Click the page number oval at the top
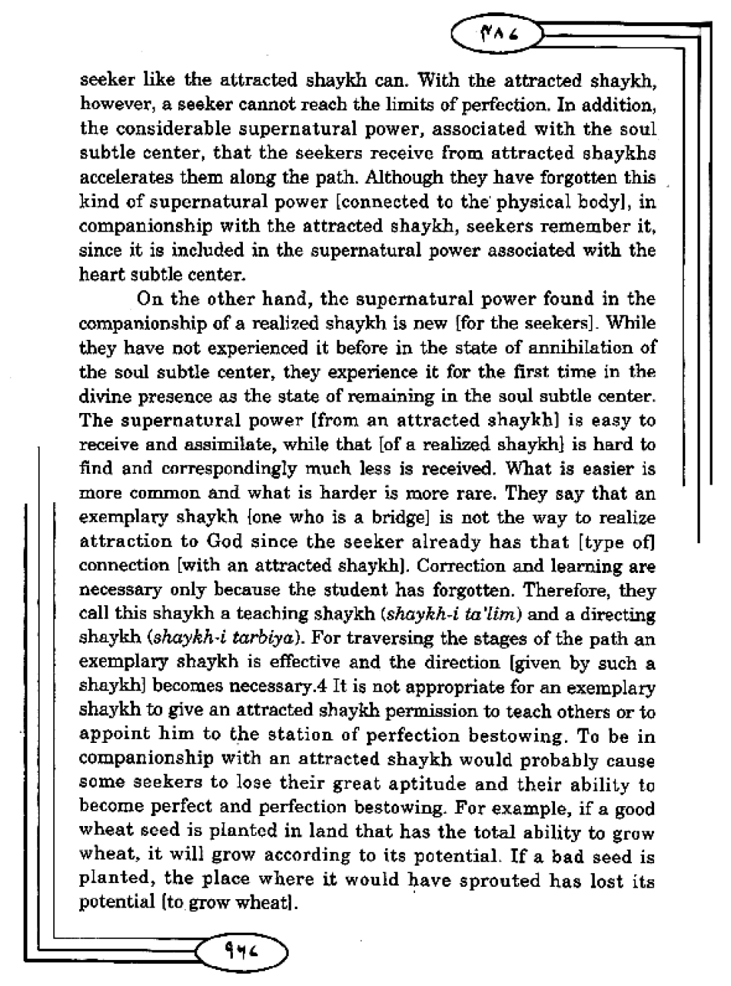coord(496,34)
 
